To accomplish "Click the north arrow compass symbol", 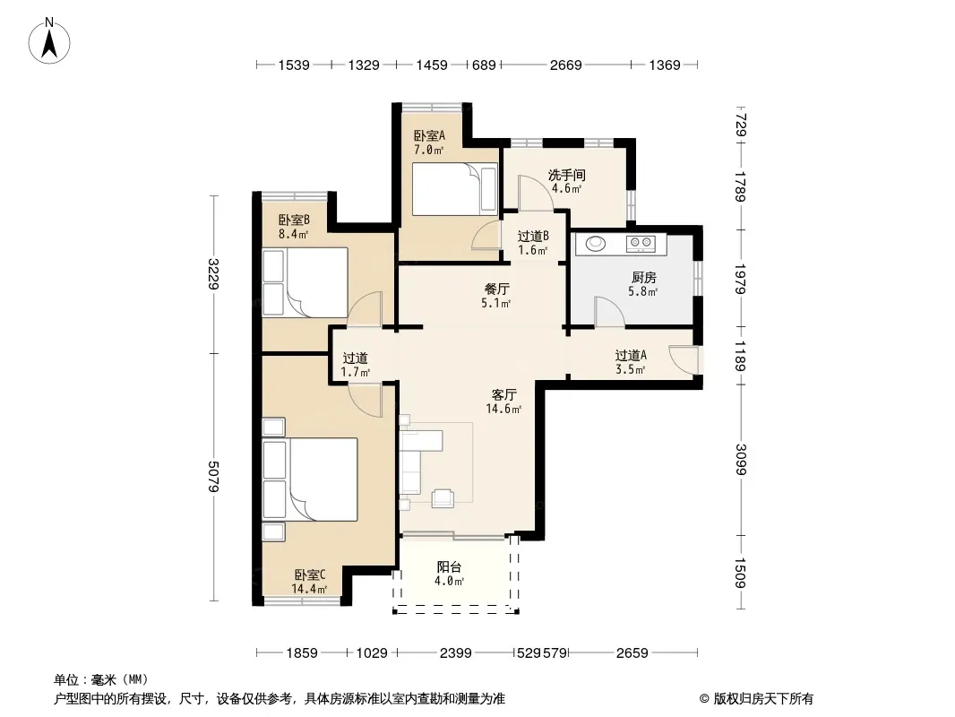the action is click(49, 41).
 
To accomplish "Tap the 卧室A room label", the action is click(429, 135).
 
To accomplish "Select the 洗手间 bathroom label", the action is click(566, 175).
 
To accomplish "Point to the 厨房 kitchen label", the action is click(643, 278).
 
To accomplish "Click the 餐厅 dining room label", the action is click(496, 289).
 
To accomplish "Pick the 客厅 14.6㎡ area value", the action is click(503, 409).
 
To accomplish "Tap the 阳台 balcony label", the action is click(449, 566).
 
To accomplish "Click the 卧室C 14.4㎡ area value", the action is click(309, 589).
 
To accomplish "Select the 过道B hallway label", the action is click(533, 237).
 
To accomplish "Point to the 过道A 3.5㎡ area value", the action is click(631, 369).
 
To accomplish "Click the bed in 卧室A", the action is click(454, 189).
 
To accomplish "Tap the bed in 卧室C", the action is click(310, 479).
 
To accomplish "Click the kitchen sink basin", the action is click(596, 244).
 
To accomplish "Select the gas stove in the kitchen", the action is click(641, 244).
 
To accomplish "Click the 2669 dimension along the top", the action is click(566, 65).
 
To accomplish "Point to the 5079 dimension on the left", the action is click(213, 477).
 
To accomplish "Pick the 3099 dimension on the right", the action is click(741, 459).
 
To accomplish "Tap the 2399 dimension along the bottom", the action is click(456, 653).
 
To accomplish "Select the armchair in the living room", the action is click(443, 497).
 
